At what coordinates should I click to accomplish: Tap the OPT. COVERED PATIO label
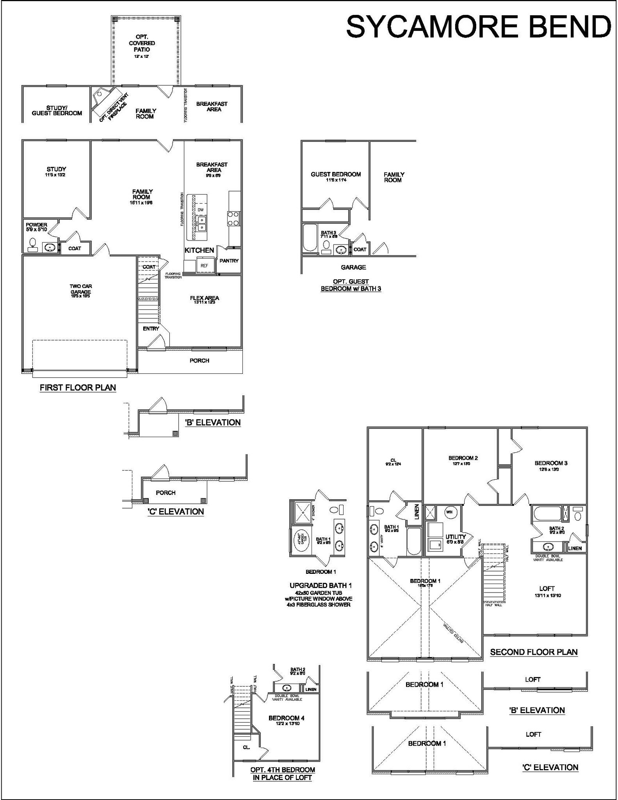[142, 43]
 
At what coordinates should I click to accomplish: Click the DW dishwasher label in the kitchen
[201, 210]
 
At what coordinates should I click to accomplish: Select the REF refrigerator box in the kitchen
[205, 266]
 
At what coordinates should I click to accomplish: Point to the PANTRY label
[229, 261]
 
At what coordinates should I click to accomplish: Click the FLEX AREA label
[204, 298]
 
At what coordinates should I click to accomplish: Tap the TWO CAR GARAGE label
[81, 289]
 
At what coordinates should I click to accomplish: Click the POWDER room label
[36, 225]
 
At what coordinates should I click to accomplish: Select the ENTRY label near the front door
[151, 329]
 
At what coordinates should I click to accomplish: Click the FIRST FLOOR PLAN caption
[78, 387]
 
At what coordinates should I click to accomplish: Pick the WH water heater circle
[449, 512]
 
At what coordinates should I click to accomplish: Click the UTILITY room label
[456, 537]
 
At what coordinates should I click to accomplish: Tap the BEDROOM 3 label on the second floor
[551, 463]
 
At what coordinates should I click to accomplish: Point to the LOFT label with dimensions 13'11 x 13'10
[547, 588]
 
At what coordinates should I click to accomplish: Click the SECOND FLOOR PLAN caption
[534, 652]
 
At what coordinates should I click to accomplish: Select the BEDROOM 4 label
[286, 718]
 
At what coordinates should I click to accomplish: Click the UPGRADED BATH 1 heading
[321, 586]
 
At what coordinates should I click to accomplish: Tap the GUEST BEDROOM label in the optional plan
[335, 174]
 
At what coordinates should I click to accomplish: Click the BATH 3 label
[328, 233]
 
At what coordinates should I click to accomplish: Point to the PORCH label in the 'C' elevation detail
[166, 493]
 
